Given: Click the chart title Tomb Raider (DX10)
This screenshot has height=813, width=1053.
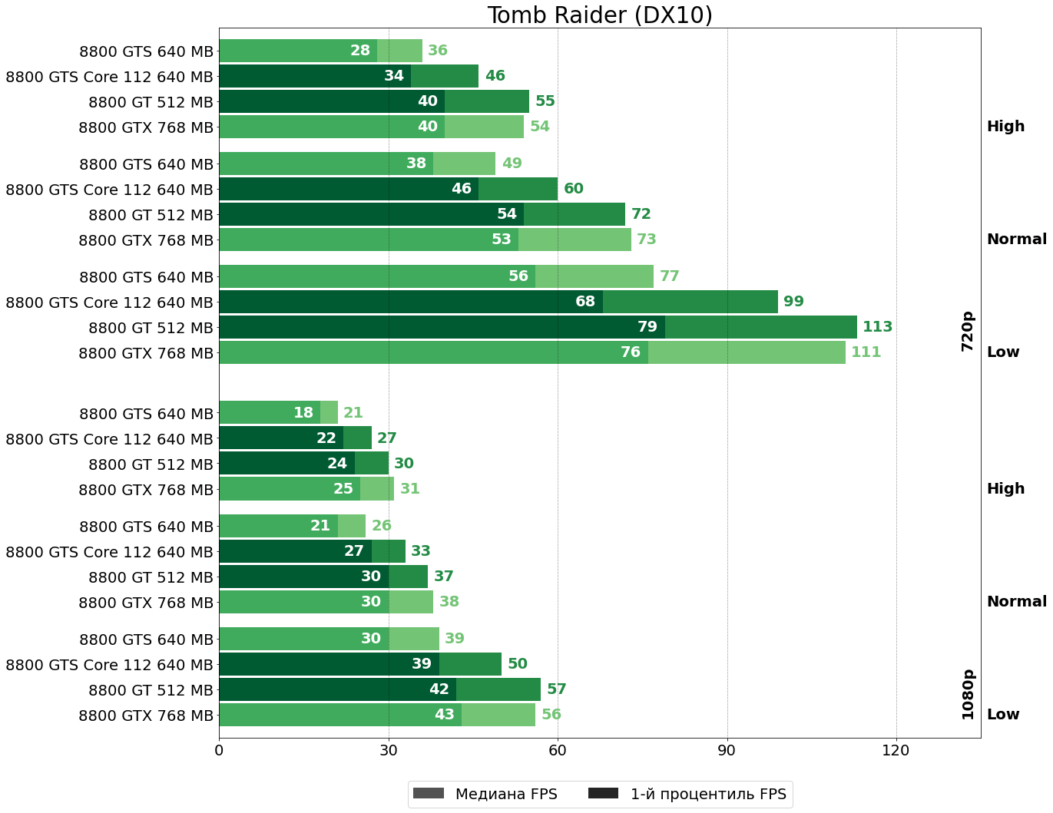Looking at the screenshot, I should [x=600, y=15].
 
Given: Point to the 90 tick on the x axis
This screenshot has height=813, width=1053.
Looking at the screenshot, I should [x=727, y=750].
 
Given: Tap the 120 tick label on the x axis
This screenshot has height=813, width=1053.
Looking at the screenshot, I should [x=896, y=750].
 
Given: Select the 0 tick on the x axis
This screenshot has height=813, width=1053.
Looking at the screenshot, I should [x=220, y=750].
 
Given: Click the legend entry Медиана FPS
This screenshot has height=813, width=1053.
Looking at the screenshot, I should [x=485, y=794].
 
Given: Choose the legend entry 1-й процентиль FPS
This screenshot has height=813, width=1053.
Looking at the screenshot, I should [x=688, y=794].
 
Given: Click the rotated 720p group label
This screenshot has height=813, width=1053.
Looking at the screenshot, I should [x=967, y=331].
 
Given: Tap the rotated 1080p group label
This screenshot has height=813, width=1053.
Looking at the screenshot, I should [x=967, y=694].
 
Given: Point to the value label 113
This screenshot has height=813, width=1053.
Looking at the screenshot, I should [x=877, y=327].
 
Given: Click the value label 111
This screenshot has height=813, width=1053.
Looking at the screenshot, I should [x=866, y=352].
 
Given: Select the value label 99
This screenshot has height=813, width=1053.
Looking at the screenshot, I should [x=793, y=302].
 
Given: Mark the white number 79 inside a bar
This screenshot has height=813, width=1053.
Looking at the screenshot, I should [x=647, y=327].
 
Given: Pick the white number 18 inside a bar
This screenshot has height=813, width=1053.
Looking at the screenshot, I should [x=303, y=413].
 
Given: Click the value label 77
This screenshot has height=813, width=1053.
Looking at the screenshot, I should [x=669, y=276].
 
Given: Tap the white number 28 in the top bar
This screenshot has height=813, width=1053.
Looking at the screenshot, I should [x=360, y=51].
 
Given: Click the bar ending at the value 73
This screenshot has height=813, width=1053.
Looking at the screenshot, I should [x=425, y=240].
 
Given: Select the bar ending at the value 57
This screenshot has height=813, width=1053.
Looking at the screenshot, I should [x=379, y=689].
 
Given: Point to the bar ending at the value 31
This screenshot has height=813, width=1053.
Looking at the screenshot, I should [x=306, y=489].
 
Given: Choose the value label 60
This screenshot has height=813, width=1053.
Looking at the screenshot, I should [x=574, y=189].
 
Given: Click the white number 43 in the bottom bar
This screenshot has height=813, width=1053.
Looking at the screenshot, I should [x=445, y=715].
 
